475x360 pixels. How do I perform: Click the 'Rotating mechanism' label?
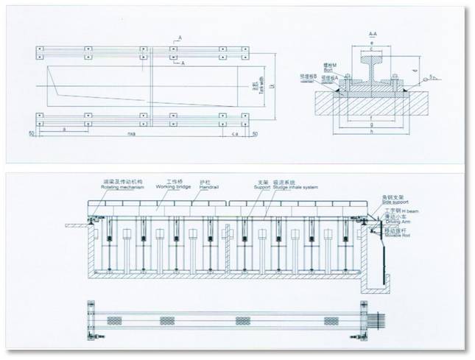click(122, 186)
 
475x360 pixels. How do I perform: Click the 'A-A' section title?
click(373, 35)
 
